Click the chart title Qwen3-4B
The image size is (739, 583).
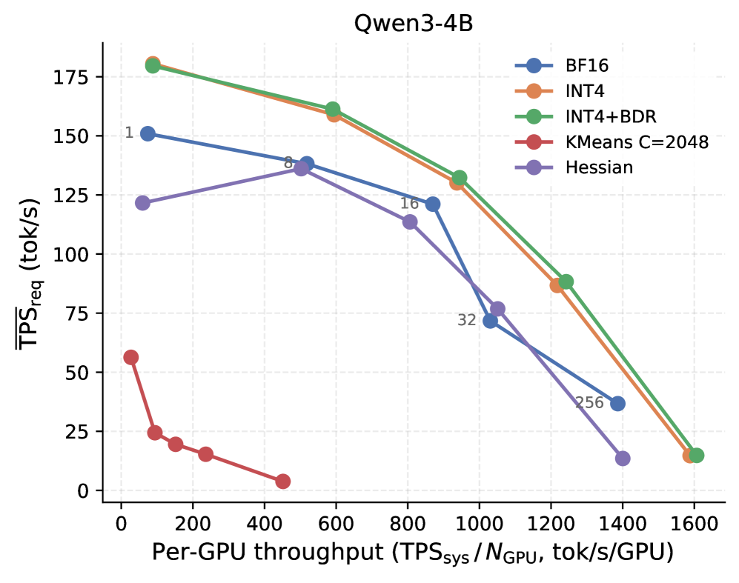click(413, 23)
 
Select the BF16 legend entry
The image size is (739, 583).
click(562, 65)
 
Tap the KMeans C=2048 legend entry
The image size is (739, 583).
click(612, 141)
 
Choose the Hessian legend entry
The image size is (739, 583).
click(574, 167)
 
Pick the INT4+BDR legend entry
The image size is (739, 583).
click(586, 116)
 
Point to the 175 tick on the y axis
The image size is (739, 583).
click(70, 77)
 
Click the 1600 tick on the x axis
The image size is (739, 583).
click(694, 524)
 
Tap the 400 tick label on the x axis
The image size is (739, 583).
click(265, 524)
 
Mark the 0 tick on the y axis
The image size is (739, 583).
click(83, 491)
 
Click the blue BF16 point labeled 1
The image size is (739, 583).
click(148, 134)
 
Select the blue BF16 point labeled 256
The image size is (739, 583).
click(618, 404)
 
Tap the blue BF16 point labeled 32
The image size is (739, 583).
click(490, 322)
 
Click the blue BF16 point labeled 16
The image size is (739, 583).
click(433, 204)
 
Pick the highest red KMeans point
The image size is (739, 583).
click(131, 357)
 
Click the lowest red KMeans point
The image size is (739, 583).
click(282, 482)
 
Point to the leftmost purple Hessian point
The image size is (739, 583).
click(142, 203)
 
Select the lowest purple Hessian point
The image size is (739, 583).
click(623, 459)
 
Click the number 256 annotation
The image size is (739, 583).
click(589, 403)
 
